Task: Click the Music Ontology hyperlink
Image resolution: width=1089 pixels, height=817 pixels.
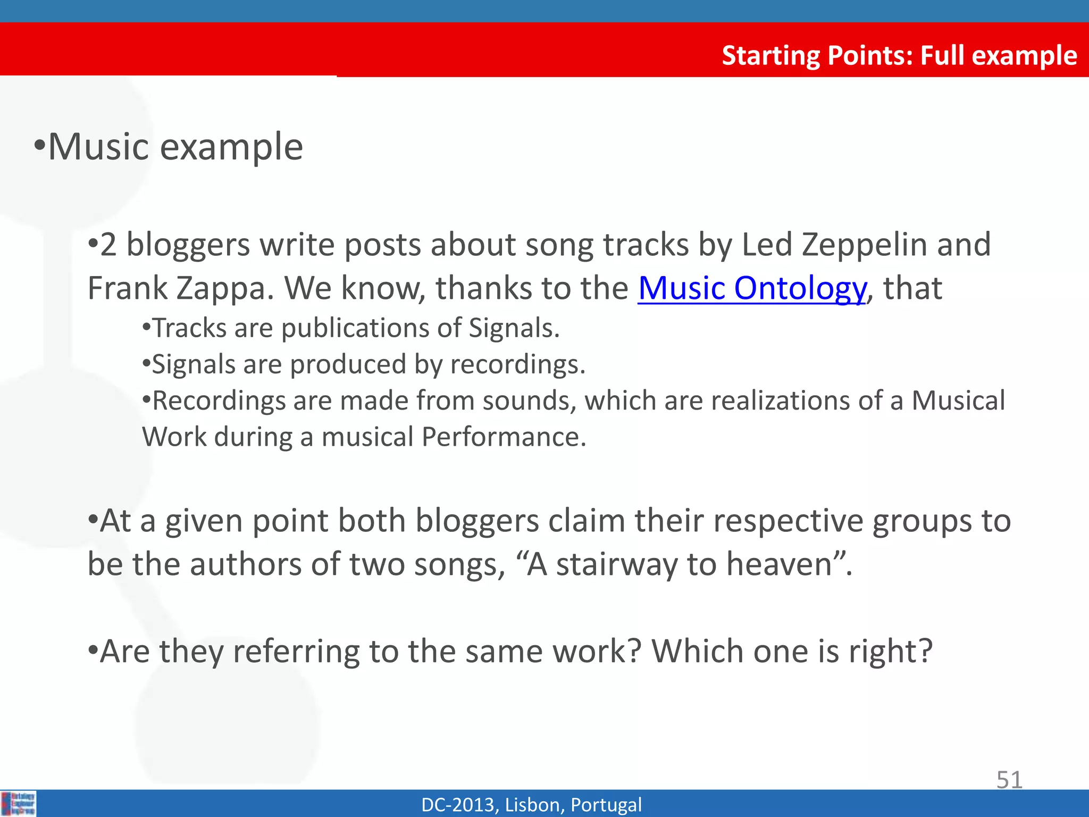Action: (752, 289)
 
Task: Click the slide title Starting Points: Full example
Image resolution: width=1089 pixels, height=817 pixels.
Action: (899, 55)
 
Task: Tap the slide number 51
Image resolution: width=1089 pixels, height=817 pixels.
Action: (1009, 780)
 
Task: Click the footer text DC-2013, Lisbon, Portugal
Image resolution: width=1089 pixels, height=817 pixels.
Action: (531, 805)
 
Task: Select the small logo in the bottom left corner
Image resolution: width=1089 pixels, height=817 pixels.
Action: (19, 803)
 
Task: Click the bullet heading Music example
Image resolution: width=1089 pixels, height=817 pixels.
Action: (175, 147)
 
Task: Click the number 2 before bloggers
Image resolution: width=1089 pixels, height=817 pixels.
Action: (108, 245)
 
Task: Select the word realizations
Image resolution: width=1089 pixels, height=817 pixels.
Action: (780, 401)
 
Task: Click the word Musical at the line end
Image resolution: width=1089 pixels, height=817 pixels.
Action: (958, 401)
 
